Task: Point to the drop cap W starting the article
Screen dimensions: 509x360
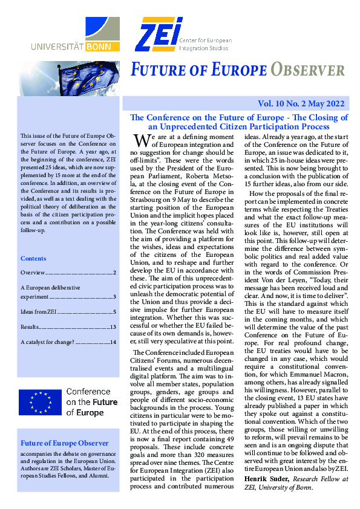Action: coord(141,140)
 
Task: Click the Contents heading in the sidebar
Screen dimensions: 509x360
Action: coord(33,258)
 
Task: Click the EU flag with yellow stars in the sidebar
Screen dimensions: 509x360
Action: coord(40,401)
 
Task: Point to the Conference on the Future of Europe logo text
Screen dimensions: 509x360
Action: coord(92,402)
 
